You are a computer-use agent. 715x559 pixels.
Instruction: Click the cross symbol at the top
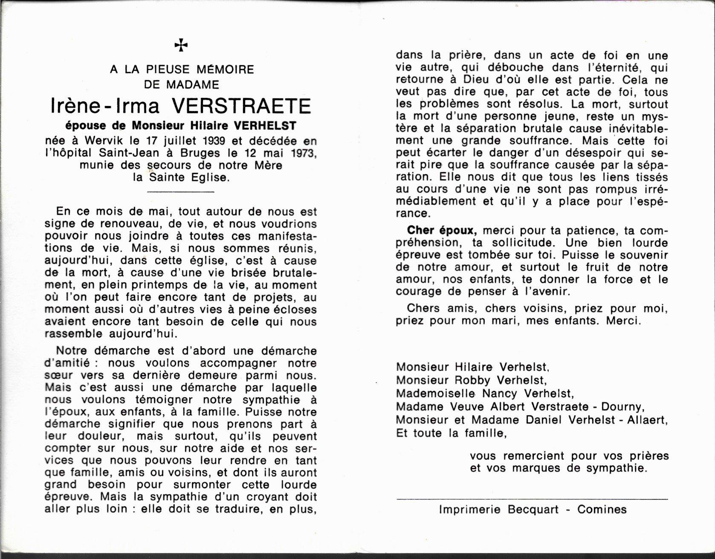pos(181,45)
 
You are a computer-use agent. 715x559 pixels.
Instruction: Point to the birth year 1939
pos(213,140)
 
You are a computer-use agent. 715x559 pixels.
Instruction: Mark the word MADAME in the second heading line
pos(193,84)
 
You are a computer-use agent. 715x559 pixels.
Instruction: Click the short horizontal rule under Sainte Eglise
pos(180,192)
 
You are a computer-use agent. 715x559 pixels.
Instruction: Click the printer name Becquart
pos(533,509)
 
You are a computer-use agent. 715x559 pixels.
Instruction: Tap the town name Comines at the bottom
pos(602,509)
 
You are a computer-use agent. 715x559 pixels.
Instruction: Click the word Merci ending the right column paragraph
pos(623,321)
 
